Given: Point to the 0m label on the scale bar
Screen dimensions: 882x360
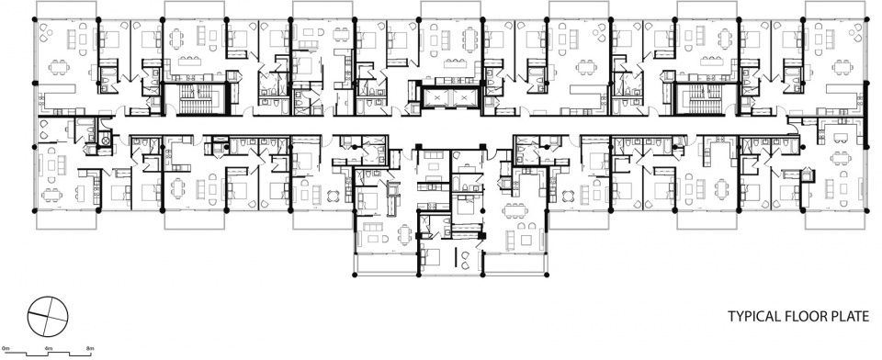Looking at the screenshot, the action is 6,349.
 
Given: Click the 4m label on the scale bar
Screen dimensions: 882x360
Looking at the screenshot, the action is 49,349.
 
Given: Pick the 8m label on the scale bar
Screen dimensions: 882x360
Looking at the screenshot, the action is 90,349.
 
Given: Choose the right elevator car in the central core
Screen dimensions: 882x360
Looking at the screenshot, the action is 464,99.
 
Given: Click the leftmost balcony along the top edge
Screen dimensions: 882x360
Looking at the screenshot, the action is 66,10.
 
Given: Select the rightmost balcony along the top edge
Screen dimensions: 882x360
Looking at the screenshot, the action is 835,10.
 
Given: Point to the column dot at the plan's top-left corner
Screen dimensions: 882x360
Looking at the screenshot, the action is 35,19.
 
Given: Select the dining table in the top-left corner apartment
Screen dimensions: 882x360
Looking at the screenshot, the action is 59,67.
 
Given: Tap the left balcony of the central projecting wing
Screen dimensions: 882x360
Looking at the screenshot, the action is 386,264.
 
